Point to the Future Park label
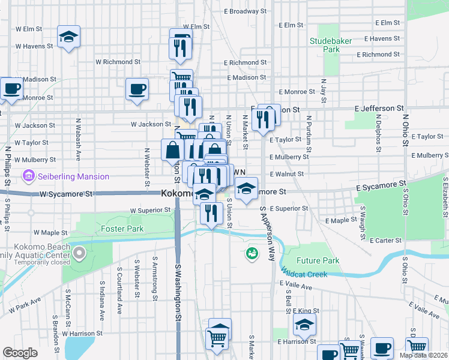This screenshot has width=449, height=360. [x=318, y=260]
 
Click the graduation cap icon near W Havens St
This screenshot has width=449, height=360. [x=68, y=37]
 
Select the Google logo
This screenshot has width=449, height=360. [x=20, y=353]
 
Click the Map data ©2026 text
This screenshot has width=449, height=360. [x=424, y=355]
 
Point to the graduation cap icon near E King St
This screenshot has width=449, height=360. [x=304, y=325]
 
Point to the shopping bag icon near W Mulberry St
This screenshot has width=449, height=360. [x=172, y=149]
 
